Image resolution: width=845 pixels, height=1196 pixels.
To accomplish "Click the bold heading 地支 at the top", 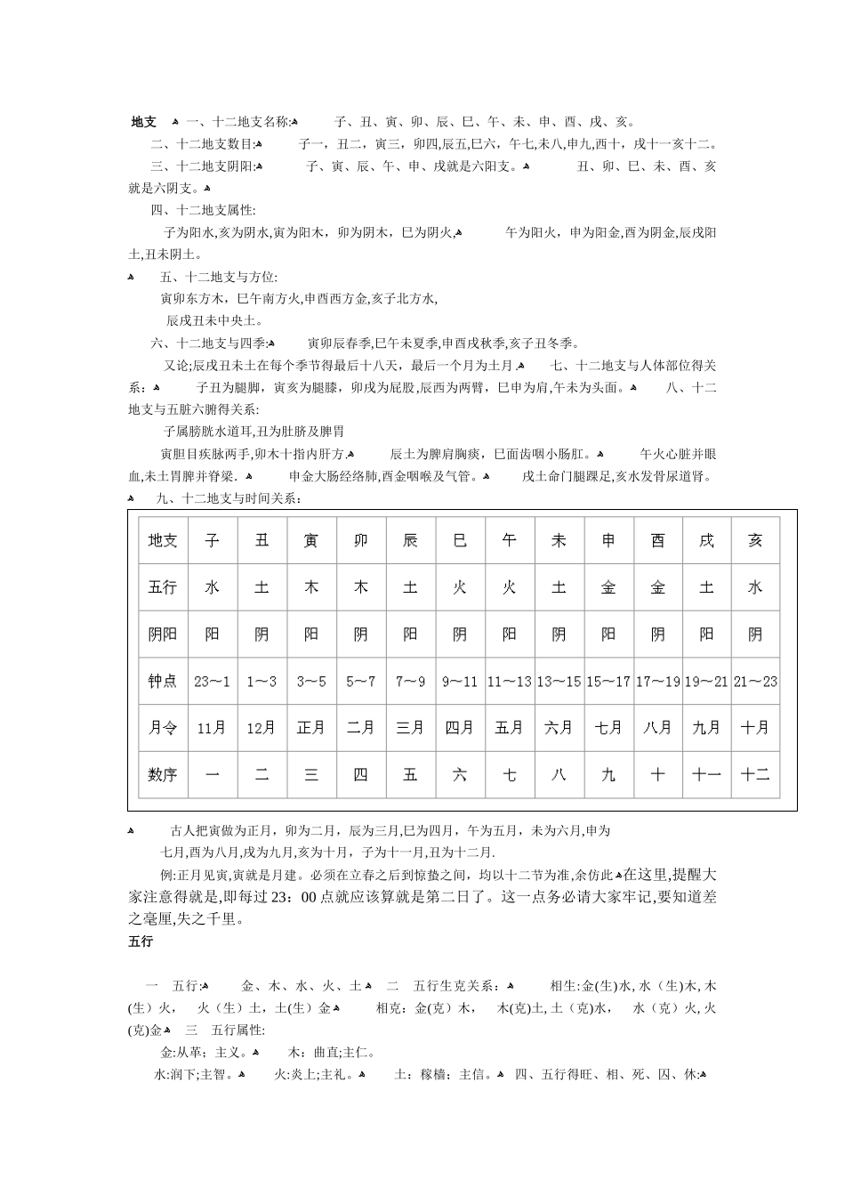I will (x=143, y=122).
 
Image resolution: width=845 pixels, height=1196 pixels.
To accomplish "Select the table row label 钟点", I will (x=163, y=682).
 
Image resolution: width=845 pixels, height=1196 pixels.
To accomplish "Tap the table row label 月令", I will (x=163, y=728).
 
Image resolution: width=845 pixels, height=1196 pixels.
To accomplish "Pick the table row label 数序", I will (x=163, y=774).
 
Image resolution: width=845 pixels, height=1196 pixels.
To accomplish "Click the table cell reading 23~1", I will (x=212, y=682).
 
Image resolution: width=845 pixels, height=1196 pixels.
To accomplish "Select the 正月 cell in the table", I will (x=311, y=728).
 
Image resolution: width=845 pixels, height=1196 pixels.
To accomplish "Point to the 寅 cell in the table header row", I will (x=311, y=540).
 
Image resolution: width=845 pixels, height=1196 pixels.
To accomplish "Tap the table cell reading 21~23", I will (x=755, y=682).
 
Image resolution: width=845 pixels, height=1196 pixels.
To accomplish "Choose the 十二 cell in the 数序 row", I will (x=755, y=774).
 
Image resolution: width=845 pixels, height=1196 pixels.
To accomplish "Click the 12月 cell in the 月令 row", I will (x=262, y=728).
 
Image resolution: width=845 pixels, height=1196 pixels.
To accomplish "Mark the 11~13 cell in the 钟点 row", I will (x=509, y=682).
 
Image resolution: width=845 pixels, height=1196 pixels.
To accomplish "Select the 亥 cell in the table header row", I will (x=755, y=540).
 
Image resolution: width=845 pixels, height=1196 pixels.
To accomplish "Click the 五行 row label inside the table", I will (x=163, y=587).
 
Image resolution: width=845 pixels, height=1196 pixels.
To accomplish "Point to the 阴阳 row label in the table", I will (x=163, y=634).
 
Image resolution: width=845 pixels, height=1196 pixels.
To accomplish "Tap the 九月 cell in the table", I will (x=706, y=728).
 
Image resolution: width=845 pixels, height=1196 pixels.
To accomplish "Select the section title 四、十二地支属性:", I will (x=203, y=210).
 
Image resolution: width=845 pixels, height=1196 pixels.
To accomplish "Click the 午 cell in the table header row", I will (x=509, y=540).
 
